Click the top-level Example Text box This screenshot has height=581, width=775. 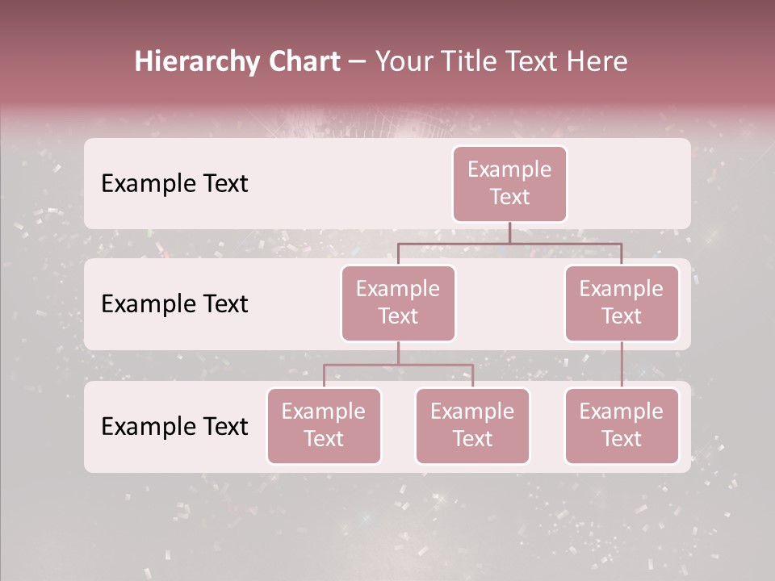tap(509, 183)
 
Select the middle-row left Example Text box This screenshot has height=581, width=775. tap(398, 303)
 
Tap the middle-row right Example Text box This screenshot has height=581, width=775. tap(622, 303)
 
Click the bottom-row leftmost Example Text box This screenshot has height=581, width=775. tap(324, 425)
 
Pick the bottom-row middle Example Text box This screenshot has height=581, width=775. tap(472, 425)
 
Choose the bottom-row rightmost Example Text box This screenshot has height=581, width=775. tap(622, 425)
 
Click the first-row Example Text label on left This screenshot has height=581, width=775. tap(174, 183)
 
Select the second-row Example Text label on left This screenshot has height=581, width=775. tap(174, 303)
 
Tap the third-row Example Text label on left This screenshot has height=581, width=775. tap(174, 426)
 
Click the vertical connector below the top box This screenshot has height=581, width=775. tap(509, 232)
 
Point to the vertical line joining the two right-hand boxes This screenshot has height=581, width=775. tap(622, 365)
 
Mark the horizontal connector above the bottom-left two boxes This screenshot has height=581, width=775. tap(363, 365)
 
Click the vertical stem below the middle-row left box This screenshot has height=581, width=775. tap(398, 353)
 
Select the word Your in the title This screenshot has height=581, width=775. tap(402, 62)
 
